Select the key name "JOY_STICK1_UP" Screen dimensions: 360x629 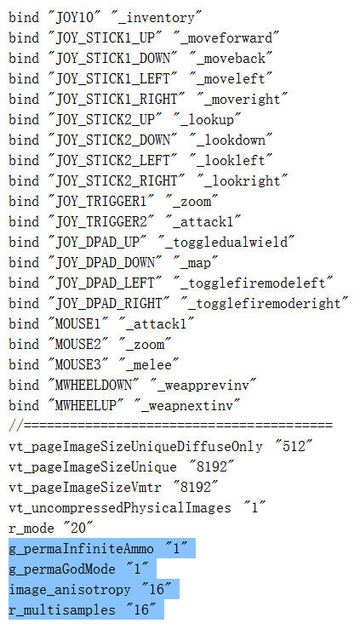point(105,38)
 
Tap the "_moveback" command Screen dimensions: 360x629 point(231,59)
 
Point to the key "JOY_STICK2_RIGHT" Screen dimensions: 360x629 point(117,181)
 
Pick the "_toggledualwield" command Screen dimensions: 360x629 point(226,243)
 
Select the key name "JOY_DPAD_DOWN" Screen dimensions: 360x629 point(105,263)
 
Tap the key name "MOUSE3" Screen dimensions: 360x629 point(77,364)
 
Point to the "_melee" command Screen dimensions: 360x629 point(149,364)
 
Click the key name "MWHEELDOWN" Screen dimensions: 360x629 point(93,385)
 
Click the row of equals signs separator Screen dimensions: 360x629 point(170,426)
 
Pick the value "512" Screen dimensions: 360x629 point(294,447)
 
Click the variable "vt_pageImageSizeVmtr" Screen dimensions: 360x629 point(85,488)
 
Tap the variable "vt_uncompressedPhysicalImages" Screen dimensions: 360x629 point(120,508)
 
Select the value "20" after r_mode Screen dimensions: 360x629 point(78,528)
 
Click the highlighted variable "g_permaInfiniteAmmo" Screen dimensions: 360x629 point(81,549)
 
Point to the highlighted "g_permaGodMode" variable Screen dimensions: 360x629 point(62,569)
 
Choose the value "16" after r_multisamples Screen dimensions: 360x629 point(141,609)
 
